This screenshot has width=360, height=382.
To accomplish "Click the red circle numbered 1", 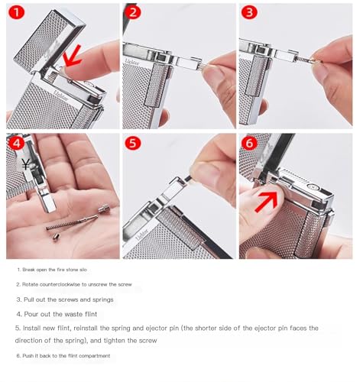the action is [x=17, y=12].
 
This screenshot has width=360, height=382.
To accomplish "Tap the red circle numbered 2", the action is [x=133, y=12].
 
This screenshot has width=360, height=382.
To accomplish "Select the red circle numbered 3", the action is [x=249, y=12].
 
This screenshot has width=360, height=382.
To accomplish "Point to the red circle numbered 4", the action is [x=17, y=143].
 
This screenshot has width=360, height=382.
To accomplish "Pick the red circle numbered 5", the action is [x=133, y=143].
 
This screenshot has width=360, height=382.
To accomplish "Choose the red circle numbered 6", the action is [x=249, y=143].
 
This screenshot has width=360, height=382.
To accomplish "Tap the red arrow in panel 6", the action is [x=266, y=202].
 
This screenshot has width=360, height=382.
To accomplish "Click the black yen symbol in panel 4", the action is [x=25, y=164].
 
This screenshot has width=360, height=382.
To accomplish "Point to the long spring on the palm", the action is [x=72, y=222].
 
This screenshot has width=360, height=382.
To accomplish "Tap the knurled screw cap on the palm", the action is [x=104, y=210].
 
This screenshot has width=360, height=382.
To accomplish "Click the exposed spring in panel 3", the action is [x=303, y=59].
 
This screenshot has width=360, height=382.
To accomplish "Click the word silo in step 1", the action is [x=83, y=270].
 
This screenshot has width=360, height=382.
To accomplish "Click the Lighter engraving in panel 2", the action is [x=132, y=62].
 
